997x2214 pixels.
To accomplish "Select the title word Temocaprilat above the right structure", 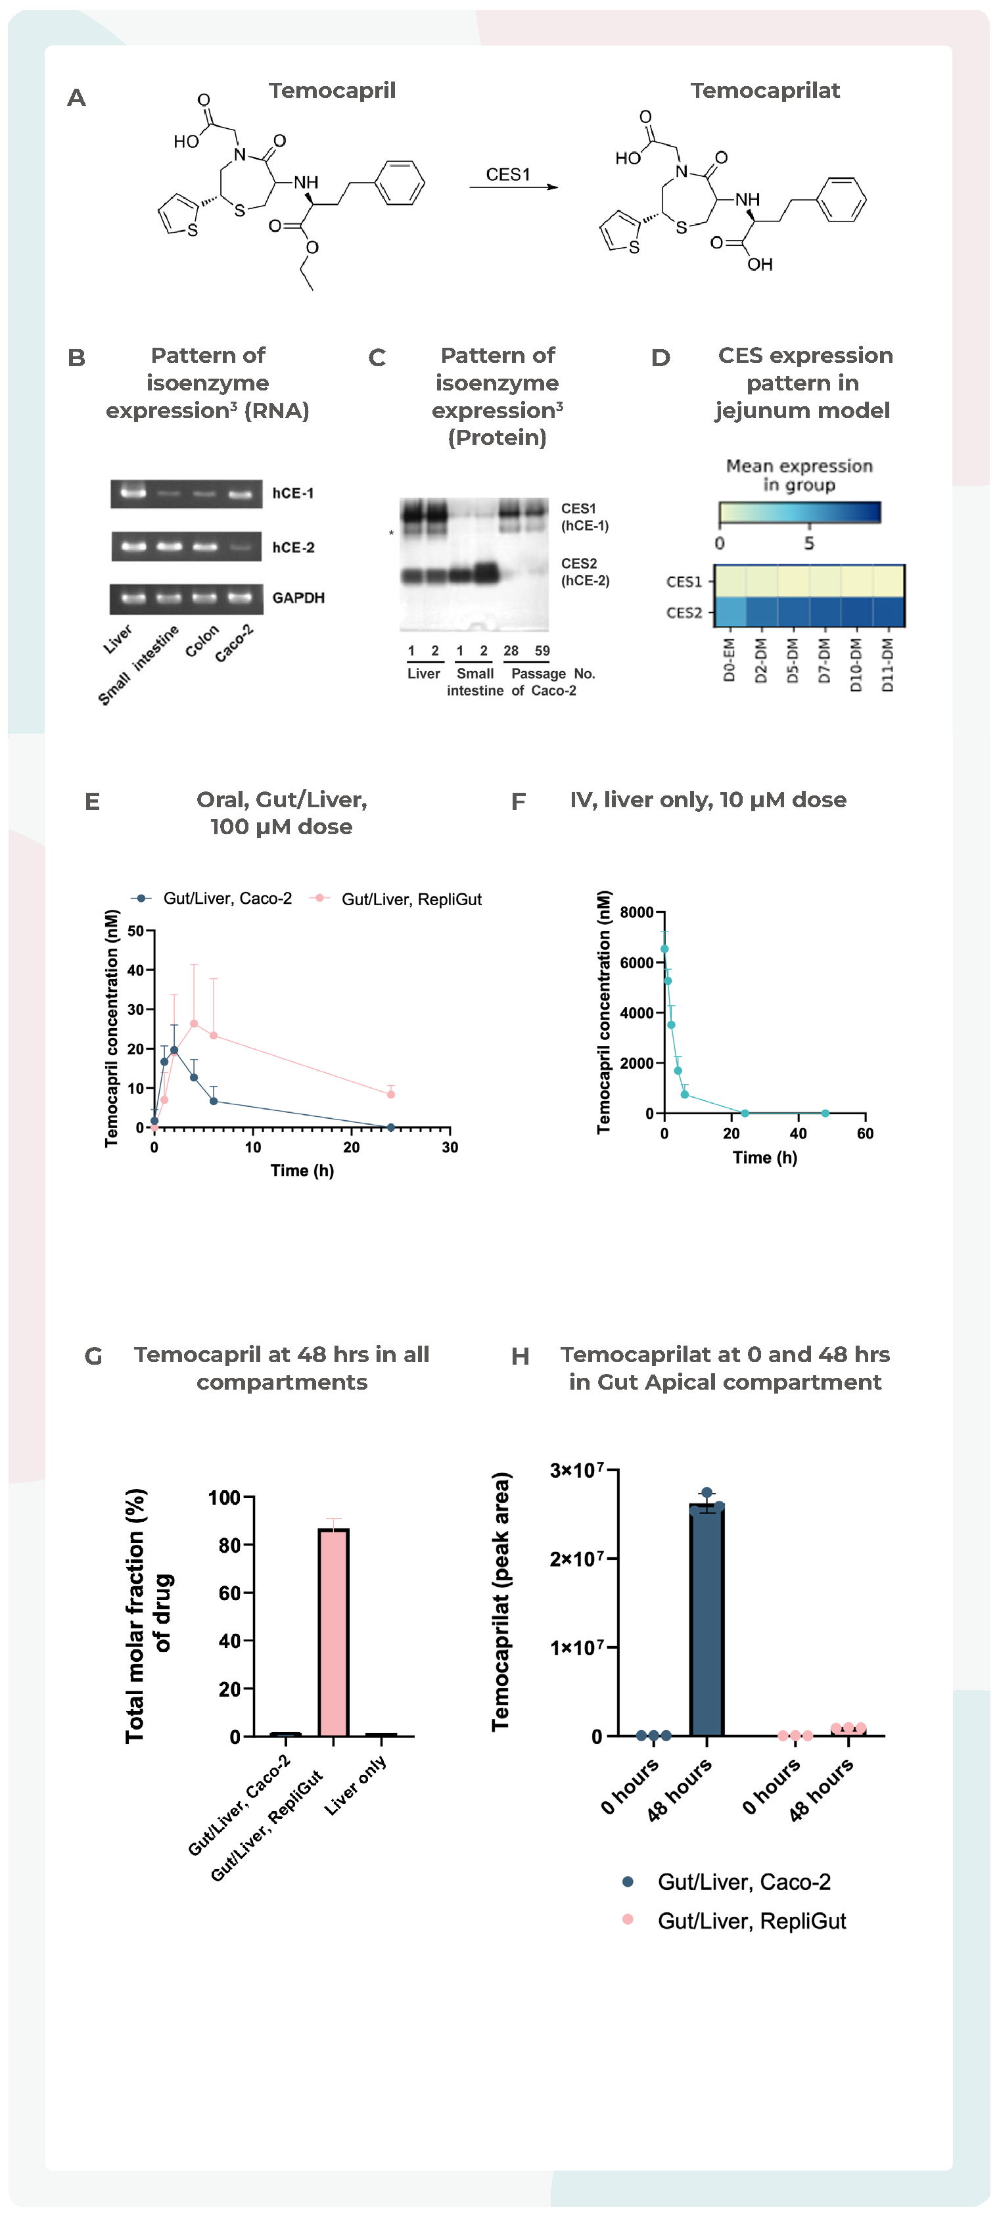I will coord(764,90).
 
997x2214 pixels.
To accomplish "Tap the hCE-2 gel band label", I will coord(293,548).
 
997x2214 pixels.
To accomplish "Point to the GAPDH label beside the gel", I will coord(298,598).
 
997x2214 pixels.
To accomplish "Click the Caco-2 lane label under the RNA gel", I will coord(234,643).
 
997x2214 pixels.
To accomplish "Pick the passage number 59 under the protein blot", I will coord(542,651).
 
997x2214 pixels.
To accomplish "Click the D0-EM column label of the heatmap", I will coord(729,660).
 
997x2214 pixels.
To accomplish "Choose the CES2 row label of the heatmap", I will coord(684,613).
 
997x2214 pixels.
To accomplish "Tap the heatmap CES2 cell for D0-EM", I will coord(730,612).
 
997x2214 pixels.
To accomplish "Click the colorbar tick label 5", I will coord(809,543).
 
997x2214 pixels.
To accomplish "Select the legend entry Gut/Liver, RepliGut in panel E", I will coord(411,899).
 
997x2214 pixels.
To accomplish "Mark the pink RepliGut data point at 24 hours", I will coord(390,1094).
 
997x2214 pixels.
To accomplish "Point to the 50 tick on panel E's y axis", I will coord(136,931).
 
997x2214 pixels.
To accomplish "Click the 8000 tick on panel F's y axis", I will coord(636,912).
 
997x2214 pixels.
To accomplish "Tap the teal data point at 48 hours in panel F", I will coord(825,1113).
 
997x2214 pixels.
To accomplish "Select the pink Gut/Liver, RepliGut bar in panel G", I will coord(333,1633).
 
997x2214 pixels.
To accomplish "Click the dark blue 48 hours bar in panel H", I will coord(707,1624).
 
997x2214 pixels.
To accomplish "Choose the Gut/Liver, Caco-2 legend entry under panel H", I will coord(743,1882).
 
